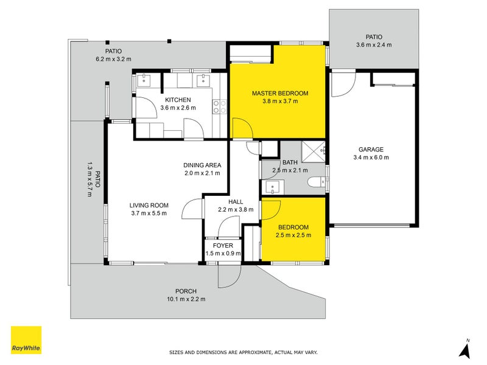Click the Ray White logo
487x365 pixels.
click(x=26, y=340)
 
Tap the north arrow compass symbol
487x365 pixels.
click(x=466, y=349)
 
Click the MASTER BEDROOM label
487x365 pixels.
click(x=280, y=93)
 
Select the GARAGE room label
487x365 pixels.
click(x=371, y=149)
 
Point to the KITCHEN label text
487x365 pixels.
click(x=178, y=100)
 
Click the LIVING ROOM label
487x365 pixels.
click(x=149, y=205)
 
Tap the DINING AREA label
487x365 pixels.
click(x=202, y=165)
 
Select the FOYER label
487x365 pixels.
click(x=223, y=245)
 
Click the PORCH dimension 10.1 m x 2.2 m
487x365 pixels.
click(x=186, y=299)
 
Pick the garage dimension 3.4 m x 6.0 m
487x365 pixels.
click(x=371, y=157)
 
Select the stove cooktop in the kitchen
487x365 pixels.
click(x=220, y=107)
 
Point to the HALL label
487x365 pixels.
click(x=236, y=202)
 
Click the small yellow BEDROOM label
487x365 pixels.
click(x=293, y=228)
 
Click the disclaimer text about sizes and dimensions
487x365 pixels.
click(x=243, y=352)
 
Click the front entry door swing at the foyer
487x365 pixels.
click(x=228, y=277)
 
